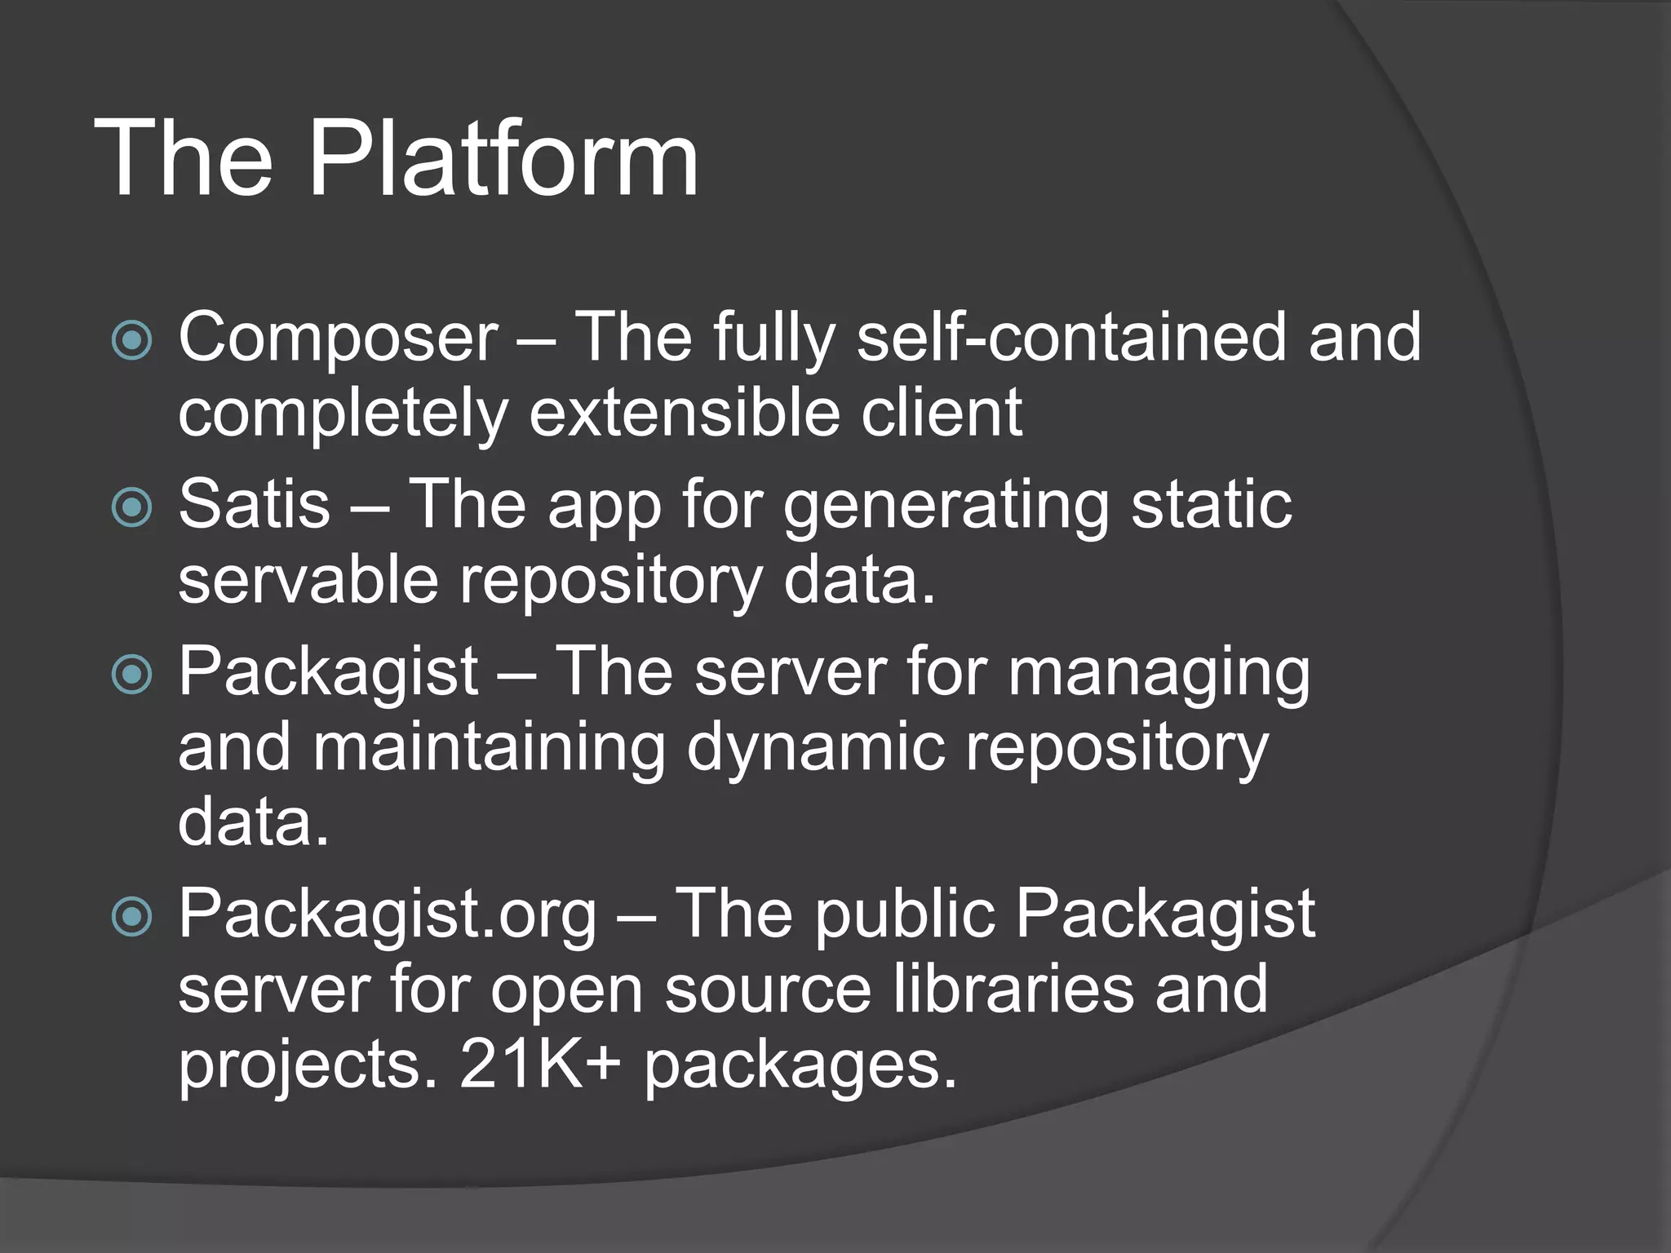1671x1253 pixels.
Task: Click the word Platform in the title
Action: point(503,159)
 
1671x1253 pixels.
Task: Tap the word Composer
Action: point(338,337)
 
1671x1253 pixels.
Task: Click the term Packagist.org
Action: point(388,914)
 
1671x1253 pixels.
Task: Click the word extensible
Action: point(685,413)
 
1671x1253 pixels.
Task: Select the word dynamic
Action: point(815,748)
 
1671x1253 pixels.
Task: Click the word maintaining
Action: point(489,748)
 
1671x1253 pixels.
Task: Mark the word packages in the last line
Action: point(800,1065)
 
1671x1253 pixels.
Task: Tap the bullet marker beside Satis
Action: point(131,507)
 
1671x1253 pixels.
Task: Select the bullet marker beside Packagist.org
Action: point(131,916)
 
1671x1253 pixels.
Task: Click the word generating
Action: point(946,506)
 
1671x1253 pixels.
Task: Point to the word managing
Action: point(1159,674)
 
